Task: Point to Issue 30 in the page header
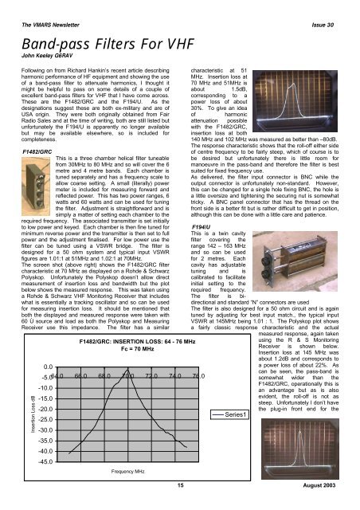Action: click(332, 9)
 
